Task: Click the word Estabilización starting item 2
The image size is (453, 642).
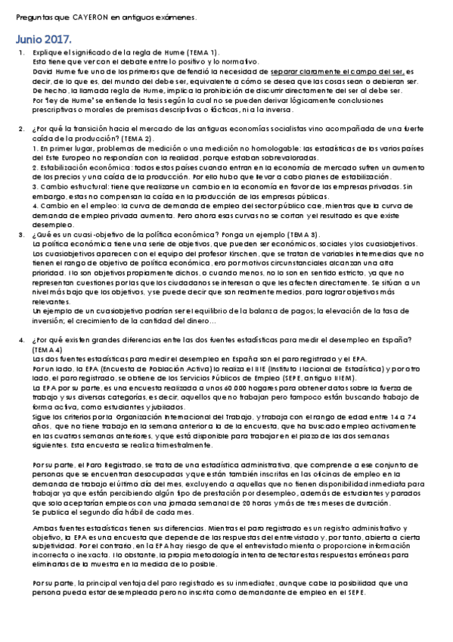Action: (61, 167)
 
